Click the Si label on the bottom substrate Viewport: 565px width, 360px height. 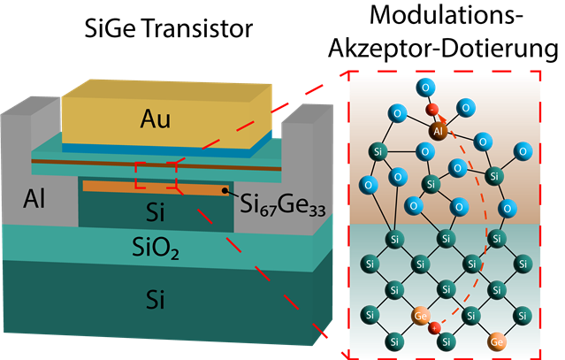pos(157,301)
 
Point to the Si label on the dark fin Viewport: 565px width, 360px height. pos(157,212)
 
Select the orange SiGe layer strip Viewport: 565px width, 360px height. pos(150,188)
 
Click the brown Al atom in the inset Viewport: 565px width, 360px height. pos(437,131)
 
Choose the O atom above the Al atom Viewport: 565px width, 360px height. pos(427,87)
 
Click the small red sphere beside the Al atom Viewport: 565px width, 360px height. pos(433,111)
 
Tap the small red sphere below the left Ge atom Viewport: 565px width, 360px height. pos(434,329)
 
